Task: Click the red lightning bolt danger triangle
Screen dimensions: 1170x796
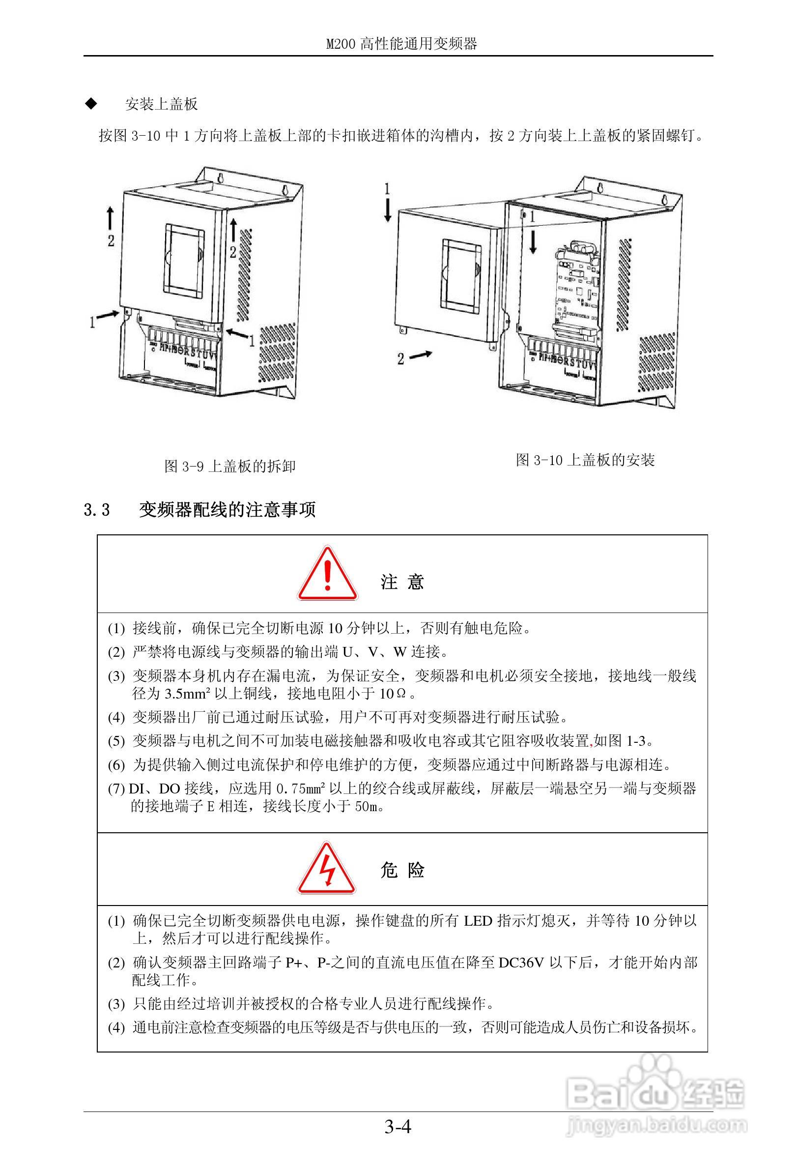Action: pyautogui.click(x=327, y=870)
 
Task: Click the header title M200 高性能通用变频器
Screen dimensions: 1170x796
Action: pyautogui.click(x=401, y=44)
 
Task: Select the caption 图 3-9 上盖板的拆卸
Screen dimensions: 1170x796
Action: pyautogui.click(x=230, y=466)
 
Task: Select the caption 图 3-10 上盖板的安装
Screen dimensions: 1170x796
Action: pyautogui.click(x=585, y=460)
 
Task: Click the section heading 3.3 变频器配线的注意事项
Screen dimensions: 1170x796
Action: pyautogui.click(x=200, y=509)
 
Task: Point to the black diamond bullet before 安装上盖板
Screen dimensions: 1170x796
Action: pyautogui.click(x=91, y=104)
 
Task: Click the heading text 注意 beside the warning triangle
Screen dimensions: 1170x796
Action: pyautogui.click(x=402, y=582)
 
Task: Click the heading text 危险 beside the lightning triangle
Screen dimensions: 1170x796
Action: pyautogui.click(x=402, y=870)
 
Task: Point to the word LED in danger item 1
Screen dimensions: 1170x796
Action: pyautogui.click(x=478, y=921)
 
